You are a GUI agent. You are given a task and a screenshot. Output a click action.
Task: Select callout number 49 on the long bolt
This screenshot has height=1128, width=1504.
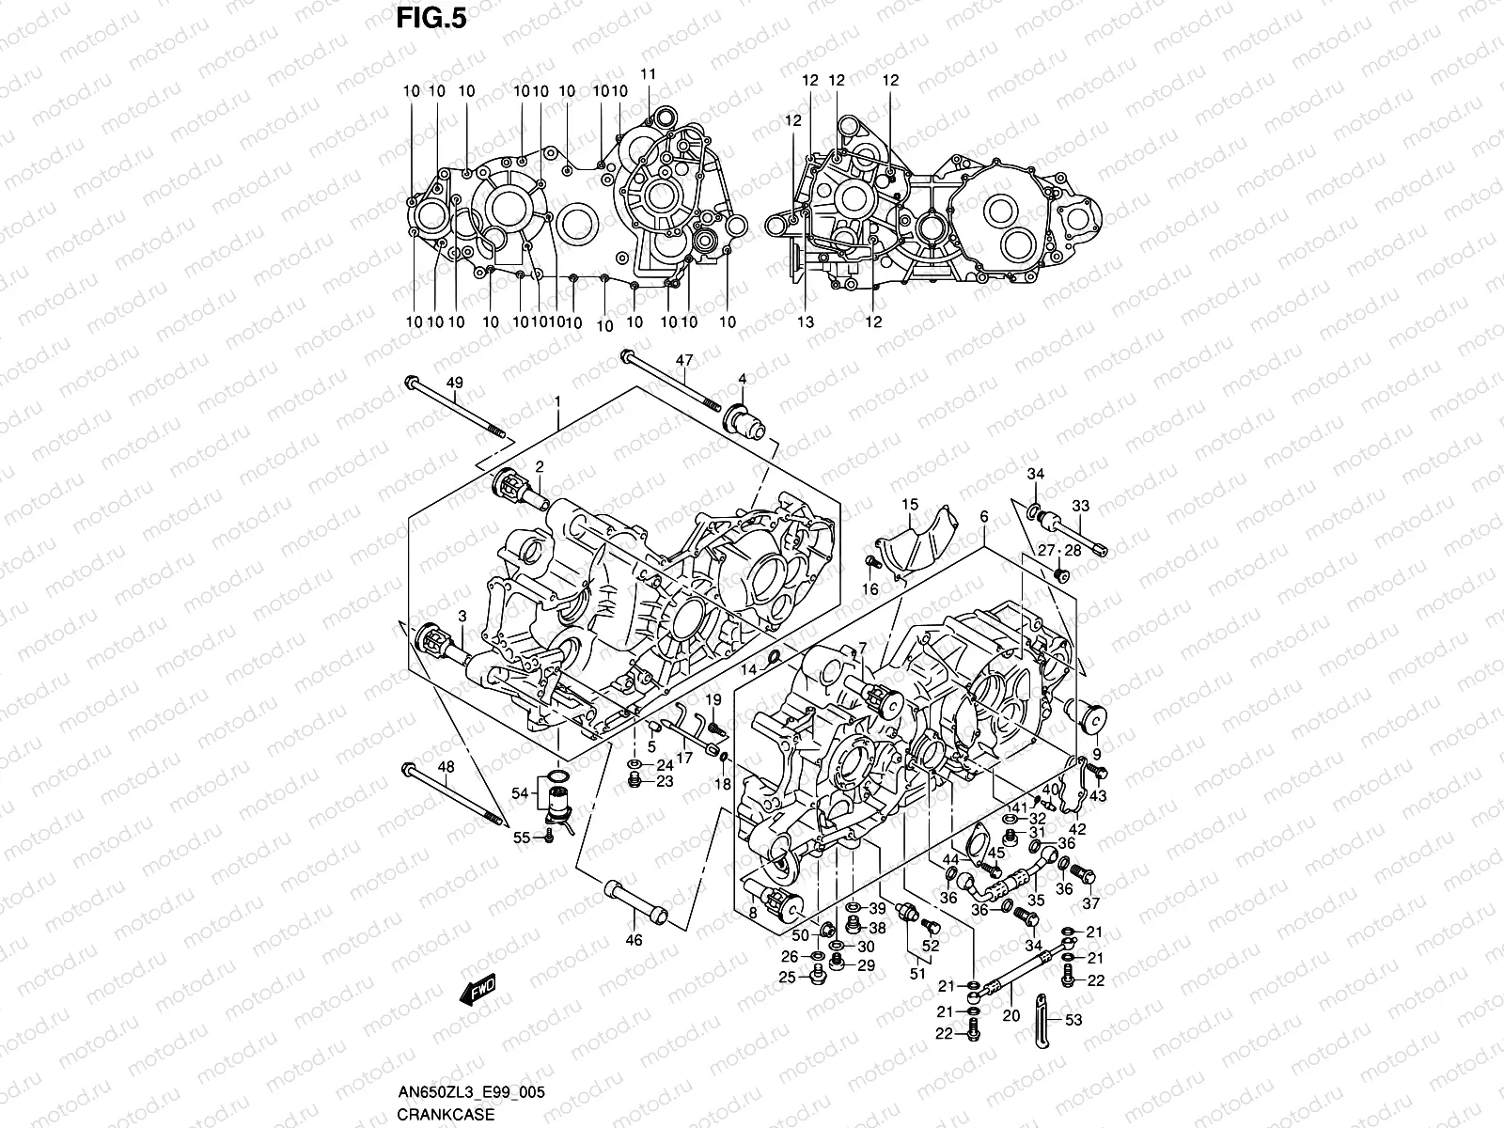click(455, 382)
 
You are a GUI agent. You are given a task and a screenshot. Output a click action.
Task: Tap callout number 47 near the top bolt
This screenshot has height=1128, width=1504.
click(684, 360)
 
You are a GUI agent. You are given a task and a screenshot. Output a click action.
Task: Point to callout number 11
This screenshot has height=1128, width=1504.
click(649, 74)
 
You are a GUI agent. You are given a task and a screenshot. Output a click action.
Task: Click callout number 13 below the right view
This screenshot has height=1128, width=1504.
click(805, 321)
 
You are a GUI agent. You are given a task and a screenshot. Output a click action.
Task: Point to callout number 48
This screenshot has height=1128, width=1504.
click(446, 767)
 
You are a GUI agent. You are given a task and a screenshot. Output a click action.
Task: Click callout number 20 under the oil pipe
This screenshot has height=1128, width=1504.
click(1010, 1016)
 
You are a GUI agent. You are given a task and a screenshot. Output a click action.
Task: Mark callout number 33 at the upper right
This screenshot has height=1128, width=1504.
click(1080, 507)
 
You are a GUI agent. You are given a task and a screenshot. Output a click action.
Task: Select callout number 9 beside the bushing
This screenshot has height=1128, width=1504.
click(1096, 754)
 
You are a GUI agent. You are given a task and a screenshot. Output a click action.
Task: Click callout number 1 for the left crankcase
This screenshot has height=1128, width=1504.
click(558, 401)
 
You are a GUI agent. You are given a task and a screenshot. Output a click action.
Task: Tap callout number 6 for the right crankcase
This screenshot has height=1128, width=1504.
click(983, 517)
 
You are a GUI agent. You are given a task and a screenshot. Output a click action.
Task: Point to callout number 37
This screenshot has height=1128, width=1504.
click(1090, 904)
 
